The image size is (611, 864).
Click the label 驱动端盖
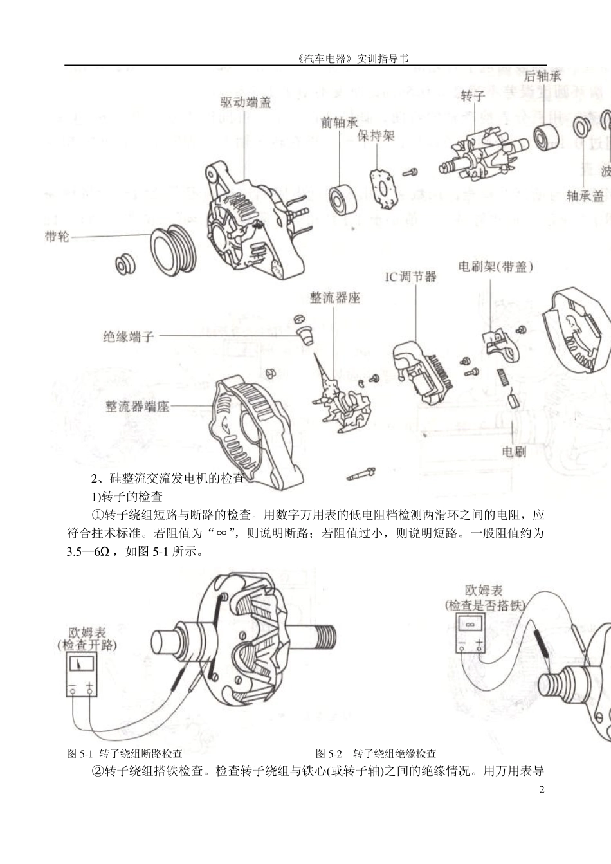245,102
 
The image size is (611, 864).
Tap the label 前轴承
339,122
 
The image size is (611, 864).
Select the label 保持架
376,136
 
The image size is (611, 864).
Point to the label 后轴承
542,76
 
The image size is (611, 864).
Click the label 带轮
57,236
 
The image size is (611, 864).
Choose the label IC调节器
410,277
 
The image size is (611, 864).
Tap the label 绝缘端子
129,336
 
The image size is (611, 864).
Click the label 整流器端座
137,407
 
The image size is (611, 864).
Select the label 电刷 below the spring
513,452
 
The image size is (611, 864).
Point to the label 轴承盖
585,196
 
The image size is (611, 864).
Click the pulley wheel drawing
174,250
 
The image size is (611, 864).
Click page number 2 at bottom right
541,789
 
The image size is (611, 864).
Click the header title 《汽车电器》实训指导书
354,58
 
